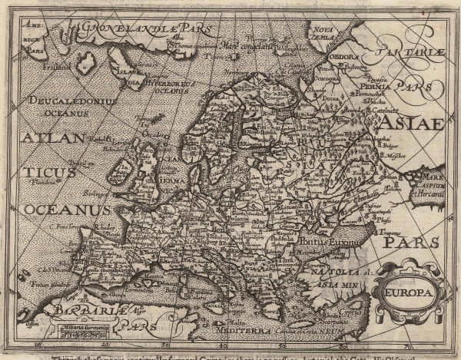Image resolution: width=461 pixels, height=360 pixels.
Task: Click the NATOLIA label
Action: tap(322, 270)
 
